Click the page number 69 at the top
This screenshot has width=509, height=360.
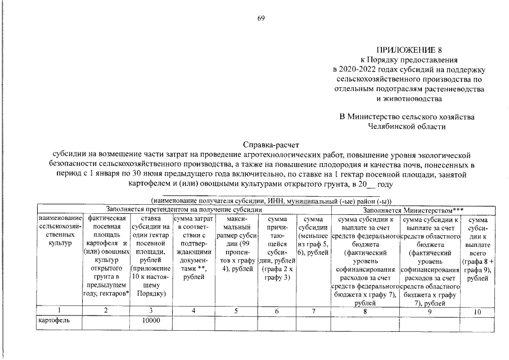[x=261, y=19]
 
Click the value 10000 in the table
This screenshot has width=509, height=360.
[x=151, y=320]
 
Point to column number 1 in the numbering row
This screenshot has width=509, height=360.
[x=60, y=310]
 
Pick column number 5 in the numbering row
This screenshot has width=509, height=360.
[x=235, y=310]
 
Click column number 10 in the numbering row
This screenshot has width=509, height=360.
[x=478, y=310]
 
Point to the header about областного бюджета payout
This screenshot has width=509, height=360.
[x=431, y=260]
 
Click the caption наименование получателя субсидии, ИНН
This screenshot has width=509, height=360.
[x=271, y=200]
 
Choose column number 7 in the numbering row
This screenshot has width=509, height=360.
[x=312, y=310]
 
